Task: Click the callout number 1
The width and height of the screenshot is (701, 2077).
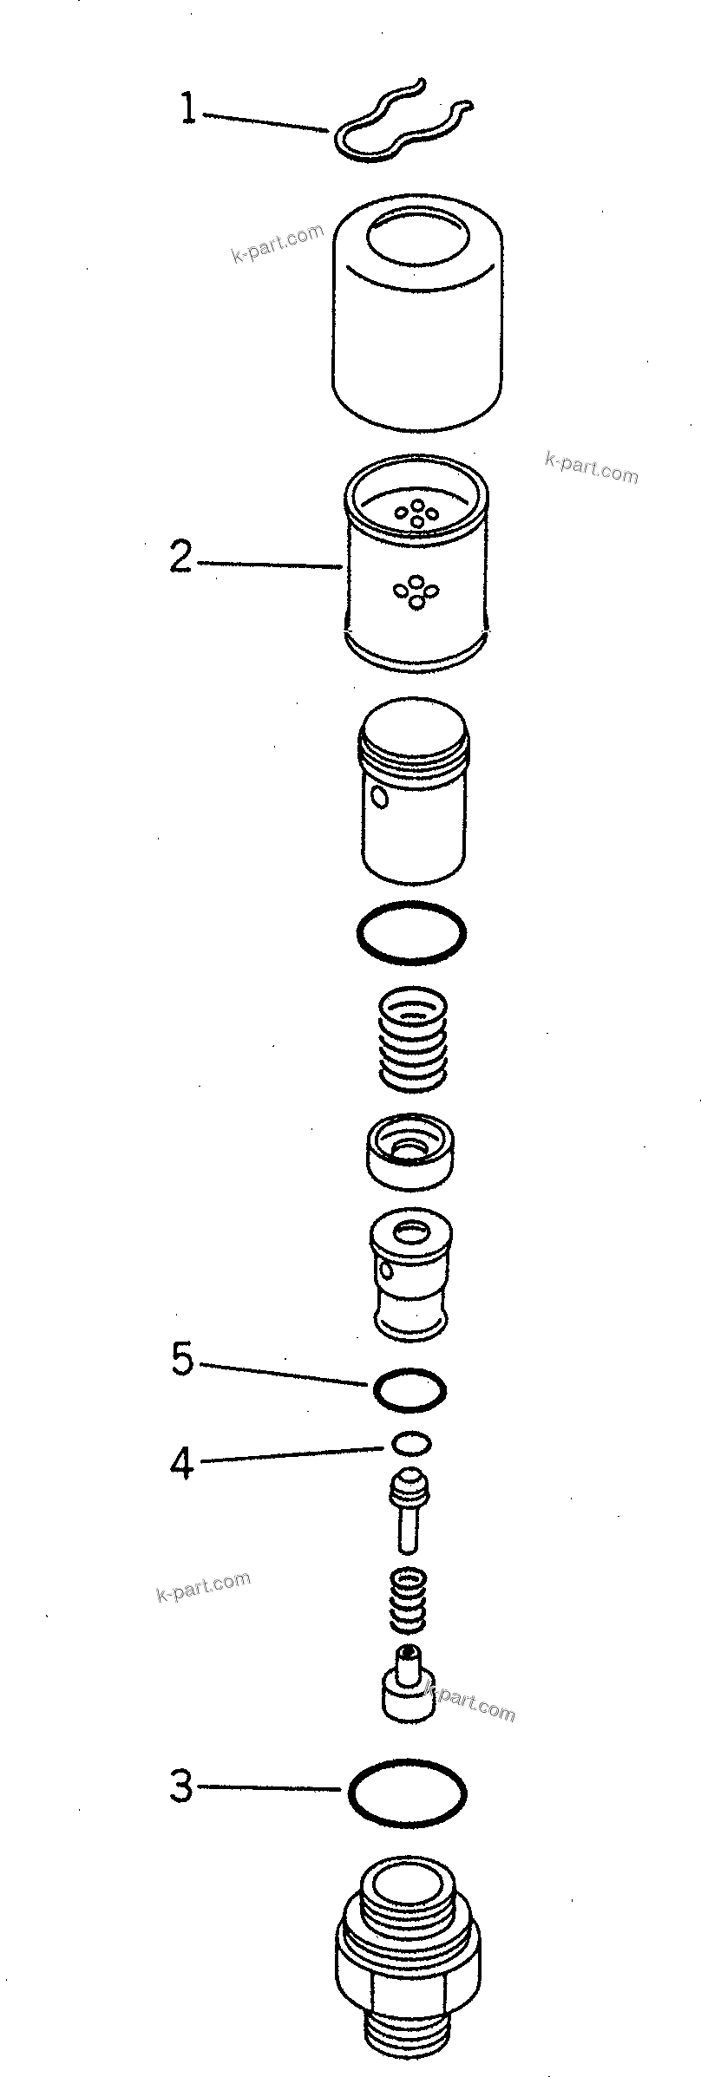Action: point(187,110)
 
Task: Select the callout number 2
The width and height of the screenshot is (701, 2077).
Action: point(180,557)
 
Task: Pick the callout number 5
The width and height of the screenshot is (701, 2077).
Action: point(182,1360)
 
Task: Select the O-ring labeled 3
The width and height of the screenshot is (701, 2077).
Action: point(407,1792)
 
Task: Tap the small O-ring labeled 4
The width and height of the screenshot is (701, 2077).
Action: point(411,1443)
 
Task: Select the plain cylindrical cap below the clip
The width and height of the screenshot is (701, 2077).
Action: point(416,312)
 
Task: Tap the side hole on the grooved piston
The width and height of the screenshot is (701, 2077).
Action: point(378,795)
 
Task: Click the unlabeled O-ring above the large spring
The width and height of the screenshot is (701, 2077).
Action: point(411,932)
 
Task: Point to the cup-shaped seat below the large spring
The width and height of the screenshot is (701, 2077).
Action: point(411,1151)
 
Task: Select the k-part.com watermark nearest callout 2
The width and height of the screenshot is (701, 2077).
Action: point(590,468)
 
